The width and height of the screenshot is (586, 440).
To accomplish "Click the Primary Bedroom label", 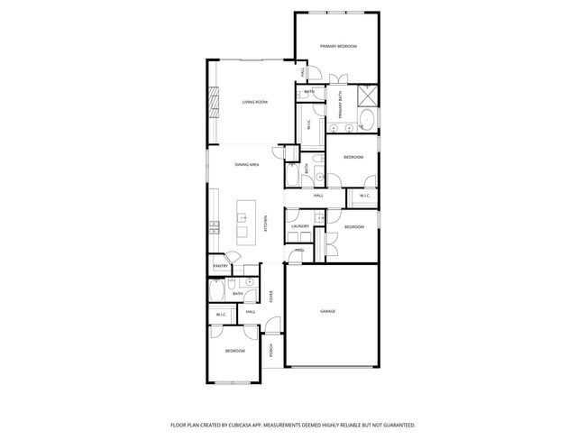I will tap(338, 46).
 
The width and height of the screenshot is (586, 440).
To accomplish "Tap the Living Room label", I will tap(254, 102).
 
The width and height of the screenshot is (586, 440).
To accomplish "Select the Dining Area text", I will tap(247, 165).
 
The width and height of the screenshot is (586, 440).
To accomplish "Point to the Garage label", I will tap(327, 311).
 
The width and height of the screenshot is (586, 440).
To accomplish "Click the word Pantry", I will tap(220, 267).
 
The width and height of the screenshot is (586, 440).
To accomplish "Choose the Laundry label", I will tap(300, 225).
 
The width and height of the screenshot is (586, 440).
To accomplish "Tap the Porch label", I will tap(271, 351).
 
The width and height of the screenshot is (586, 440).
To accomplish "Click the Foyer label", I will tap(271, 297).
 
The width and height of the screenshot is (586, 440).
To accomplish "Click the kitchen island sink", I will tap(243, 217).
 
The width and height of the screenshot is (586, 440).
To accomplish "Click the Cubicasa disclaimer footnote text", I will tap(293, 424).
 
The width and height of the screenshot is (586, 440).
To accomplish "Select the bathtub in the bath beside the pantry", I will tap(216, 290).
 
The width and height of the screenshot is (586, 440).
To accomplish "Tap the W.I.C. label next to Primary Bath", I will tap(310, 126).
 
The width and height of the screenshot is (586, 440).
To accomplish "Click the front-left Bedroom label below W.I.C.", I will tap(234, 351).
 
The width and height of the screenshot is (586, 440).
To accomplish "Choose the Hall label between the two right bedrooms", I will tap(318, 195).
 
